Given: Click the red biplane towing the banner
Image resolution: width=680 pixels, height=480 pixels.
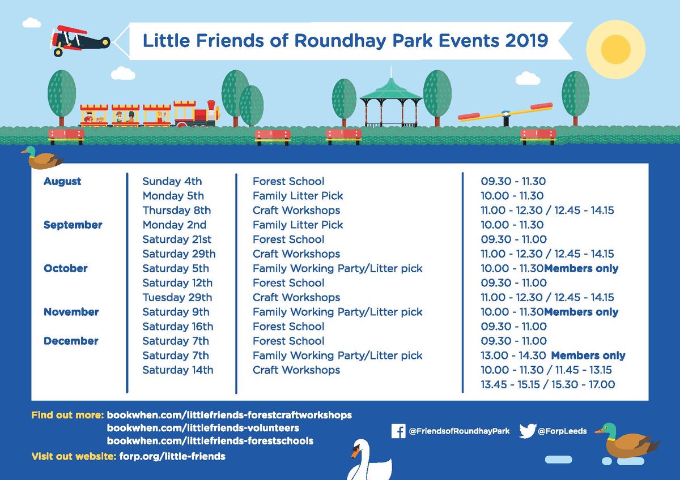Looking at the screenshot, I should point(76,38).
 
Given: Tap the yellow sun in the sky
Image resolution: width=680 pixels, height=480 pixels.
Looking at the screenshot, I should point(615,45).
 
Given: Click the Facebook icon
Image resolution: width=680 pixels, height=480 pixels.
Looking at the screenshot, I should point(398,431).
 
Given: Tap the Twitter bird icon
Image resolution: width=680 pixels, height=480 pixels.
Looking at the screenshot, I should point(527,431).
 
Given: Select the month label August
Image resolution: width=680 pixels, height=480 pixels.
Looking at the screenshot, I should point(62,181).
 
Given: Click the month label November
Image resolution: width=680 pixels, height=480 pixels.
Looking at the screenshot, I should point(71,312).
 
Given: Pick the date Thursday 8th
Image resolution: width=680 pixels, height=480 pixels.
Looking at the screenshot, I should point(176,211).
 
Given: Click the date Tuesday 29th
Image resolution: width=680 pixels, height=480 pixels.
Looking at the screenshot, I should point(177,298).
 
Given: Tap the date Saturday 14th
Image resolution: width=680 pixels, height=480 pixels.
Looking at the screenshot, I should point(177,370).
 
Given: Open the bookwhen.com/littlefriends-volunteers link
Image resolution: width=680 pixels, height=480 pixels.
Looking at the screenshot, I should point(203,428).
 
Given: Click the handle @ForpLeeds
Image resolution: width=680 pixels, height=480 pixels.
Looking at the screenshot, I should point(562,431).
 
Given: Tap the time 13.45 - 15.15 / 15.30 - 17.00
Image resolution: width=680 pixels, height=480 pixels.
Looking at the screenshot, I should point(547,385).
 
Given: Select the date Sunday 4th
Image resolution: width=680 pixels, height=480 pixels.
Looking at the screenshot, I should point(172,181).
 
